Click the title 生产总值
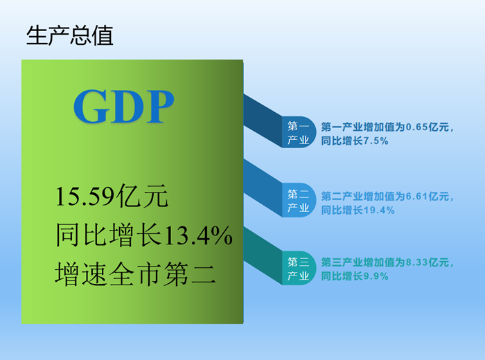pyautogui.click(x=69, y=35)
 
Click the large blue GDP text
pyautogui.click(x=124, y=107)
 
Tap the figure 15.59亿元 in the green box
pyautogui.click(x=112, y=196)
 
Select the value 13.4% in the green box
pyautogui.click(x=197, y=235)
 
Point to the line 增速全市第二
pyautogui.click(x=135, y=273)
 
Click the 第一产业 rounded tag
pyautogui.click(x=299, y=132)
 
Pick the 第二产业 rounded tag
pyautogui.click(x=299, y=200)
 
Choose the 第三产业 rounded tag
pyautogui.click(x=299, y=268)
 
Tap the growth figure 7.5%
pyautogui.click(x=376, y=141)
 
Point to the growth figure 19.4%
pyautogui.click(x=379, y=210)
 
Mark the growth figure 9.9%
pyautogui.click(x=376, y=276)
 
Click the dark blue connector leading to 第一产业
pyautogui.click(x=263, y=121)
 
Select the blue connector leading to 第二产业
pyautogui.click(x=263, y=188)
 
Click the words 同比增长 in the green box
pyautogui.click(x=109, y=235)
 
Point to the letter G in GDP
pyautogui.click(x=91, y=107)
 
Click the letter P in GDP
pyautogui.click(x=160, y=107)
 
